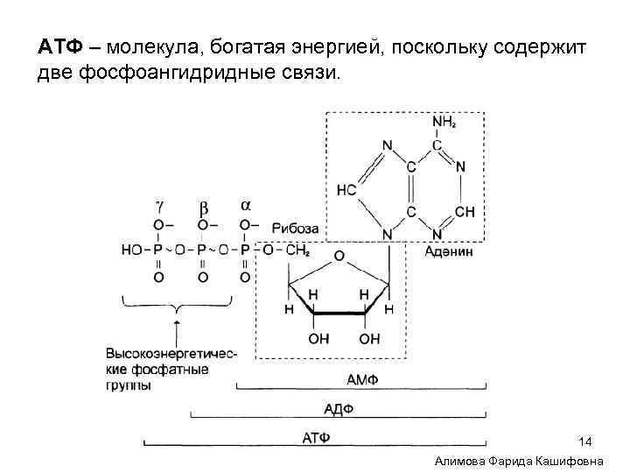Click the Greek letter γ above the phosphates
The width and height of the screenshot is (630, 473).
[158, 207]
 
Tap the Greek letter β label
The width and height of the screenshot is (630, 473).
[203, 207]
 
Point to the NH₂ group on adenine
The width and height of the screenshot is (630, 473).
[445, 123]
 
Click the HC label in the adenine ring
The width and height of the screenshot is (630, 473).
[347, 190]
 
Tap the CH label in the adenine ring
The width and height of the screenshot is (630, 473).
[465, 212]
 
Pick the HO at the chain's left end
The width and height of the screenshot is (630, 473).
[131, 250]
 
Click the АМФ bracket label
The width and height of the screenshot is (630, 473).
[361, 378]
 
